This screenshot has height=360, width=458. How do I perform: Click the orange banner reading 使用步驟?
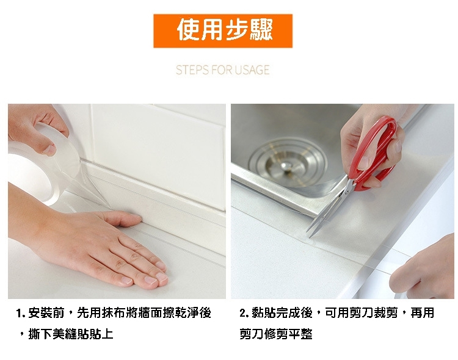(223, 31)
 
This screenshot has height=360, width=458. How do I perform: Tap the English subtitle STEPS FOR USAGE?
(222, 70)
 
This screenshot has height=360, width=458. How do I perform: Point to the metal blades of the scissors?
(330, 209)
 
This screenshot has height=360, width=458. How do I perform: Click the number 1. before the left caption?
(20, 314)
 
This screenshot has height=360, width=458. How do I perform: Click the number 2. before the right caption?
(244, 313)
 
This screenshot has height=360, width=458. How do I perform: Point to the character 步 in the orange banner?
(236, 30)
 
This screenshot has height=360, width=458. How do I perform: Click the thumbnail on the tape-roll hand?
(49, 150)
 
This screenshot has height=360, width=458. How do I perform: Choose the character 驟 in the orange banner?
(261, 30)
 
